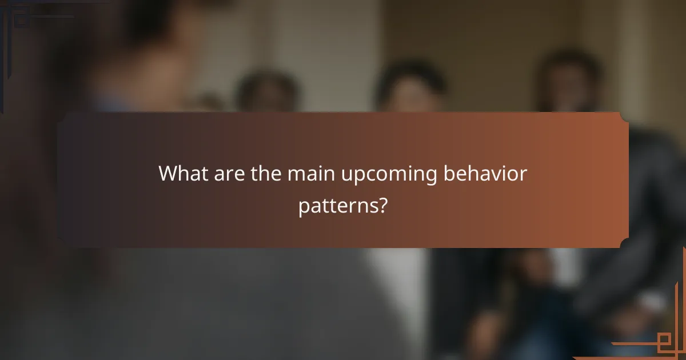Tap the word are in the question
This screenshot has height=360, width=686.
(x=228, y=174)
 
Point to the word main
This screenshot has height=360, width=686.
(x=312, y=173)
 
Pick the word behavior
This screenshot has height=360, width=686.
(x=485, y=173)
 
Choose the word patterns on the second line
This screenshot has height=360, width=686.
(x=336, y=207)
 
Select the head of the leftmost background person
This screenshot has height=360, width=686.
(x=268, y=91)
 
